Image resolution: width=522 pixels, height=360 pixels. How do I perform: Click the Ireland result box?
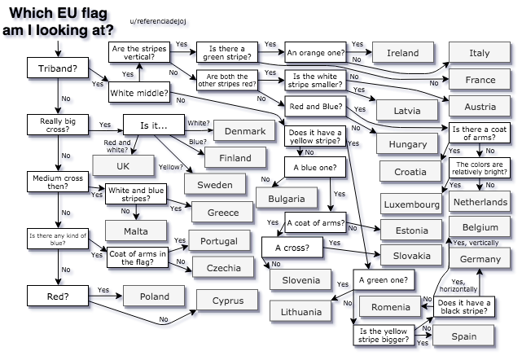pos(403,53)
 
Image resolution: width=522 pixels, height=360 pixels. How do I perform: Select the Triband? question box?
pos(58,69)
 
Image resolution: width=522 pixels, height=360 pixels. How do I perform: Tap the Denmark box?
pos(243,131)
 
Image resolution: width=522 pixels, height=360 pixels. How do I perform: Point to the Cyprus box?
pos(227,301)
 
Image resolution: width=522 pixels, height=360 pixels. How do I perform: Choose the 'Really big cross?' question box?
pos(58,125)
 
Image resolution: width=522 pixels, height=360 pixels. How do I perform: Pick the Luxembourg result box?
pos(410,202)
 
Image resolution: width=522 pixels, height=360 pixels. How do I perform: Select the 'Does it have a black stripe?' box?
pos(463,307)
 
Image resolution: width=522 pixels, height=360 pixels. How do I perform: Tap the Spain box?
pos(463,336)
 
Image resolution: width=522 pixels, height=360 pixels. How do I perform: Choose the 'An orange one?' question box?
pos(315,53)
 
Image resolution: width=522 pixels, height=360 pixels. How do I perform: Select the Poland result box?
pos(154,296)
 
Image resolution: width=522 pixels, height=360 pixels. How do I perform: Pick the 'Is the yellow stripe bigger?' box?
pos(383,335)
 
